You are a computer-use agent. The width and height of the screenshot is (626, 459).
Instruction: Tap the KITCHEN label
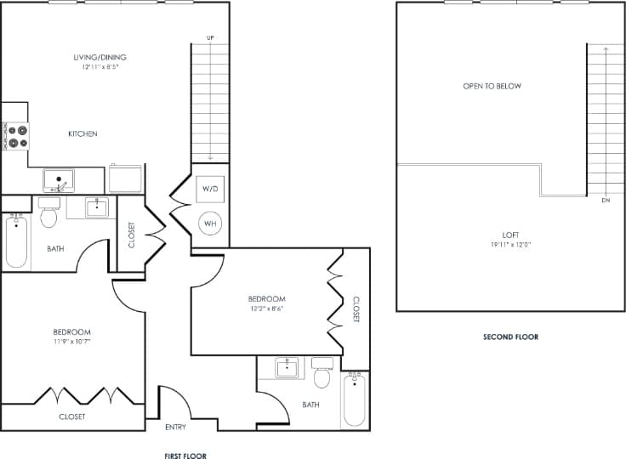click(x=83, y=133)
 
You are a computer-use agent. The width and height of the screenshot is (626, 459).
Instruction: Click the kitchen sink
click(x=59, y=180)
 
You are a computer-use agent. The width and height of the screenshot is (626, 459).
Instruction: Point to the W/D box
click(x=210, y=188)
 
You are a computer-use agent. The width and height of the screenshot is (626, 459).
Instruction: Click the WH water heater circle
click(x=210, y=224)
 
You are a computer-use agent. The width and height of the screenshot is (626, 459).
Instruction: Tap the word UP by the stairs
click(x=209, y=38)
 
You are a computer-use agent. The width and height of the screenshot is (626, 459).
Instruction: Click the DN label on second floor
click(x=605, y=201)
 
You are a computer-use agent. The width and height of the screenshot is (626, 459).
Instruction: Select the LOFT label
click(x=510, y=235)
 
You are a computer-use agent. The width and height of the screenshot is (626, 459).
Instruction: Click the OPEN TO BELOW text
click(x=492, y=86)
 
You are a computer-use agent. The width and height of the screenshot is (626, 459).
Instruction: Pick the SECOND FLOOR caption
click(x=510, y=337)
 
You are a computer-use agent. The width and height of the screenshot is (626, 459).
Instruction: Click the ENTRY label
click(x=176, y=427)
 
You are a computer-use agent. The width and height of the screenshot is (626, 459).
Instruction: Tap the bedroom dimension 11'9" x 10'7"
click(x=71, y=341)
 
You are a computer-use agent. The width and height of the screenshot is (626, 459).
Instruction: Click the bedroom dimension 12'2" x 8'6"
click(x=266, y=309)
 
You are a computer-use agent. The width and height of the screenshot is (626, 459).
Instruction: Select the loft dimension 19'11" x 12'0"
click(x=510, y=244)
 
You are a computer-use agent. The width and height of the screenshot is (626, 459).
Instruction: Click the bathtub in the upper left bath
click(x=16, y=242)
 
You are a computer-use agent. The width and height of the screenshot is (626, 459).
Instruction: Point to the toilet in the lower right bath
click(x=322, y=374)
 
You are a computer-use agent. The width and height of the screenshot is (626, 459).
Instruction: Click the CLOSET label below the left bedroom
click(x=71, y=416)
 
